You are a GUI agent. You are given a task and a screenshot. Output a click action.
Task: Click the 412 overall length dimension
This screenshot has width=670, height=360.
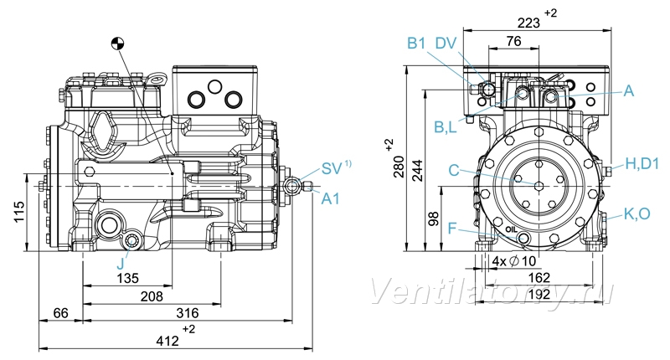167,341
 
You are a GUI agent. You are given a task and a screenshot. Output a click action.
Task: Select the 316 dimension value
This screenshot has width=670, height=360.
188,313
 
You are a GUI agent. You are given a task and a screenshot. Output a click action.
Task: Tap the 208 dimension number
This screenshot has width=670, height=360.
152,296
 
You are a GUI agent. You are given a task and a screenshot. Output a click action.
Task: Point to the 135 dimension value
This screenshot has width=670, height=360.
128,279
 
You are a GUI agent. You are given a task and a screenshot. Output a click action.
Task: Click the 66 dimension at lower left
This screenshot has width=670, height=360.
60,313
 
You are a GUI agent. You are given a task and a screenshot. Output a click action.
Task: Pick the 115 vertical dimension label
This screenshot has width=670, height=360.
19,212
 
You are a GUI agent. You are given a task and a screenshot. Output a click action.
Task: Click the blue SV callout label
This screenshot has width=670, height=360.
332,168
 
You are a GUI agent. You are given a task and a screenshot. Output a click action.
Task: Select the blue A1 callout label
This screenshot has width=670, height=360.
330,198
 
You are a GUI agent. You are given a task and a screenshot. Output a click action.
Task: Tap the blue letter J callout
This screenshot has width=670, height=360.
121,264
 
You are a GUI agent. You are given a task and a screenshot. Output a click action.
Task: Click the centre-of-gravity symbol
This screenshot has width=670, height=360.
117,43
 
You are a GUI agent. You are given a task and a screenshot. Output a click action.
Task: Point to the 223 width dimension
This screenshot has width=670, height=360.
528,23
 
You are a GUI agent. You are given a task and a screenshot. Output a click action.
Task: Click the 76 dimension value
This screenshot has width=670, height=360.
513,41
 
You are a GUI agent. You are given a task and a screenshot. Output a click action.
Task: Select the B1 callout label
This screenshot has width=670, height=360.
416,44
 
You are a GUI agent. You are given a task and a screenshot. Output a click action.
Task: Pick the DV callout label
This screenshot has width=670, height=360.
446,44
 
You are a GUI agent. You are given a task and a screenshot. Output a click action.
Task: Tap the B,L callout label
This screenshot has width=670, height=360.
446,126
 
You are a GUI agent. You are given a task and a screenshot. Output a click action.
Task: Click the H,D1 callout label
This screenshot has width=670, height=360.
642,163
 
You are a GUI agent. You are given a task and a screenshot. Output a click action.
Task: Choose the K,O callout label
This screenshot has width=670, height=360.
637,214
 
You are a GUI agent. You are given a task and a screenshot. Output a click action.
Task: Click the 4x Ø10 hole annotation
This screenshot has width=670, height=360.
514,260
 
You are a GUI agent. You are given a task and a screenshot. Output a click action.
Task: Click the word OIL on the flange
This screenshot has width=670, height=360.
511,229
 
